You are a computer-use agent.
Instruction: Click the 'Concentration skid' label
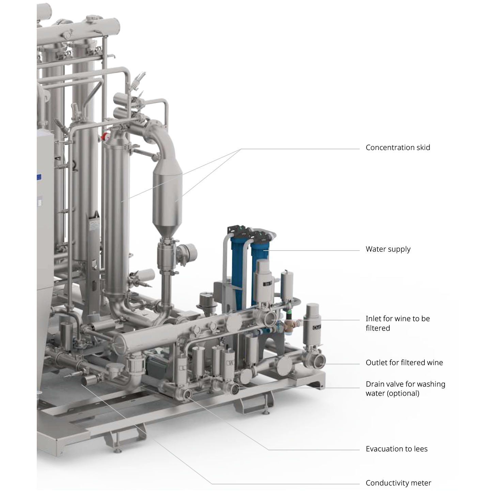pyautogui.click(x=398, y=148)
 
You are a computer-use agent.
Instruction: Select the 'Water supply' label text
pyautogui.click(x=388, y=249)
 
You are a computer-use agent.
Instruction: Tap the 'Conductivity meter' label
pyautogui.click(x=398, y=483)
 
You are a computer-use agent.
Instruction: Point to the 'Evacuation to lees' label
pyautogui.click(x=397, y=449)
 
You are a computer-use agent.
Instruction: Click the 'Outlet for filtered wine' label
pyautogui.click(x=404, y=362)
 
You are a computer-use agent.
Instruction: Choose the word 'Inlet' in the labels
pyautogui.click(x=374, y=318)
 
